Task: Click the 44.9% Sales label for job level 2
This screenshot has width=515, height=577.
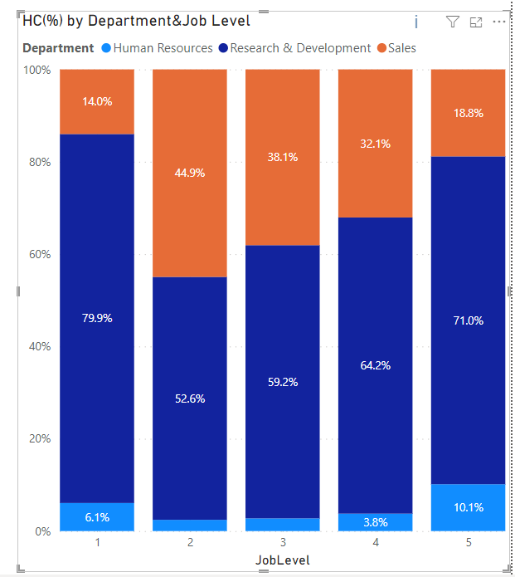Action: (189, 173)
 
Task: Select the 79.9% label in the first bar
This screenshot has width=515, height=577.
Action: (97, 318)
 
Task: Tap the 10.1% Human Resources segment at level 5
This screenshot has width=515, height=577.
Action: (468, 507)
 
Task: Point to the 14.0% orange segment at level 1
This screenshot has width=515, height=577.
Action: (97, 101)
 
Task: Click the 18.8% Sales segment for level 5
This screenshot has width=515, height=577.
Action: (468, 113)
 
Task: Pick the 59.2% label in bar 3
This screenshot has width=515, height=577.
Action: (282, 382)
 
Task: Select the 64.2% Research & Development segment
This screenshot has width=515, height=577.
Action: (375, 365)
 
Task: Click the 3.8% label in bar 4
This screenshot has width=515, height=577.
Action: (375, 522)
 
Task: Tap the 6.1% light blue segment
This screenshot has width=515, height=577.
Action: (97, 517)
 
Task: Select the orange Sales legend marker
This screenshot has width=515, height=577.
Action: (381, 48)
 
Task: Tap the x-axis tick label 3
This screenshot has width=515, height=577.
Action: (282, 542)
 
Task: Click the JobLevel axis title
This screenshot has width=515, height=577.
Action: (282, 560)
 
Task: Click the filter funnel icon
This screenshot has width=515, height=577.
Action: (452, 22)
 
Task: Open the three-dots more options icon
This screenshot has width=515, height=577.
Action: (498, 22)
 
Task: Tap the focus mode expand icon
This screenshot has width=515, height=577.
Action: (476, 22)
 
